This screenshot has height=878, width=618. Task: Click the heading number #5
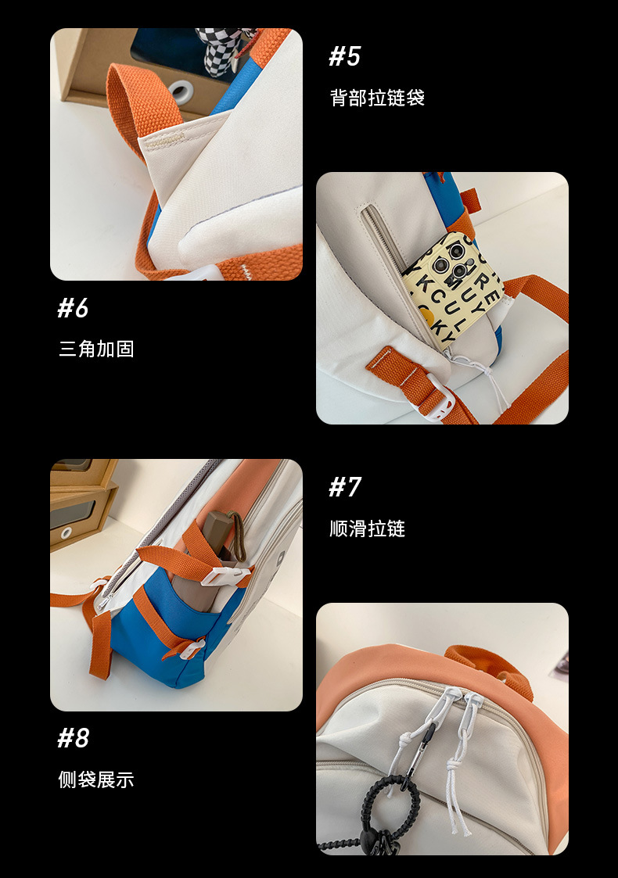pos(344,56)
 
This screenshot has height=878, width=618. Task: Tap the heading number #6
pos(73,308)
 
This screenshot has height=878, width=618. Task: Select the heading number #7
pos(344,487)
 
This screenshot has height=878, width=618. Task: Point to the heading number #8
pos(73,738)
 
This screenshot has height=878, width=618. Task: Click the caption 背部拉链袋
pos(377,98)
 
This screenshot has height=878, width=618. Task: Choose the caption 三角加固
pos(96,349)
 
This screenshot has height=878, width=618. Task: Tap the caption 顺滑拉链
pos(367,529)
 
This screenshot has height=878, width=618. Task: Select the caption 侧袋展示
pos(96,779)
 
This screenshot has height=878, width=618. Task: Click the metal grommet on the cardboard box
pos(181,91)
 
